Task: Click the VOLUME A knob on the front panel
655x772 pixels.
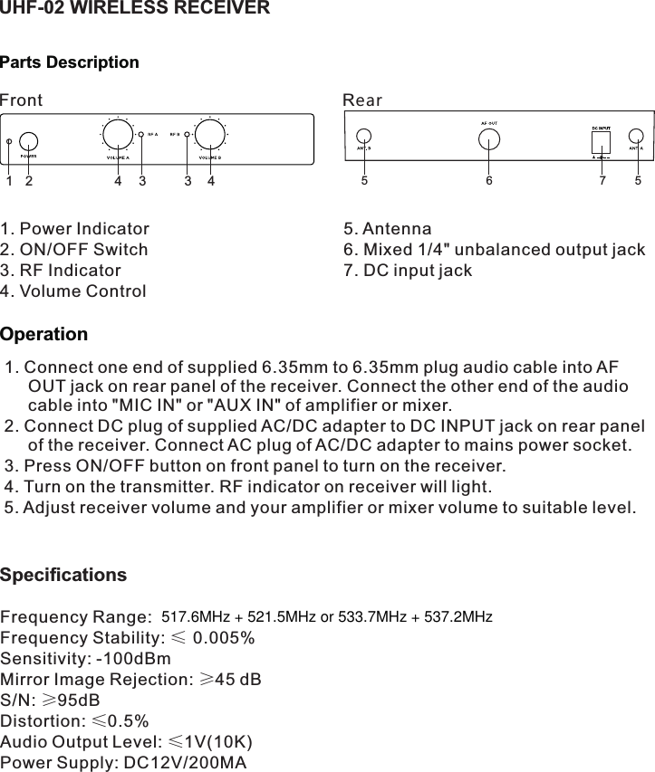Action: (117, 135)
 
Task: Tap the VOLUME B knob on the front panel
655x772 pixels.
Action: (210, 135)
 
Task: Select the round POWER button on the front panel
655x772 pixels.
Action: (29, 141)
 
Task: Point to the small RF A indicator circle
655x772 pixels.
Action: (141, 135)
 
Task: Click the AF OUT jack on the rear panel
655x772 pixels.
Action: (489, 138)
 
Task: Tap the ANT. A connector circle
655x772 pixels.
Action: (636, 138)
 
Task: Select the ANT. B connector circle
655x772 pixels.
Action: (363, 138)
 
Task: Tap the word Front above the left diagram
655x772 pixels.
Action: (21, 100)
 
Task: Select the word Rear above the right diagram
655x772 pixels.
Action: (362, 100)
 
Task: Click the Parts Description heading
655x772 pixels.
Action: (70, 62)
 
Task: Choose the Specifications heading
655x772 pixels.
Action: (63, 576)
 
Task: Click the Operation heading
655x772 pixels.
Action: (44, 335)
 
